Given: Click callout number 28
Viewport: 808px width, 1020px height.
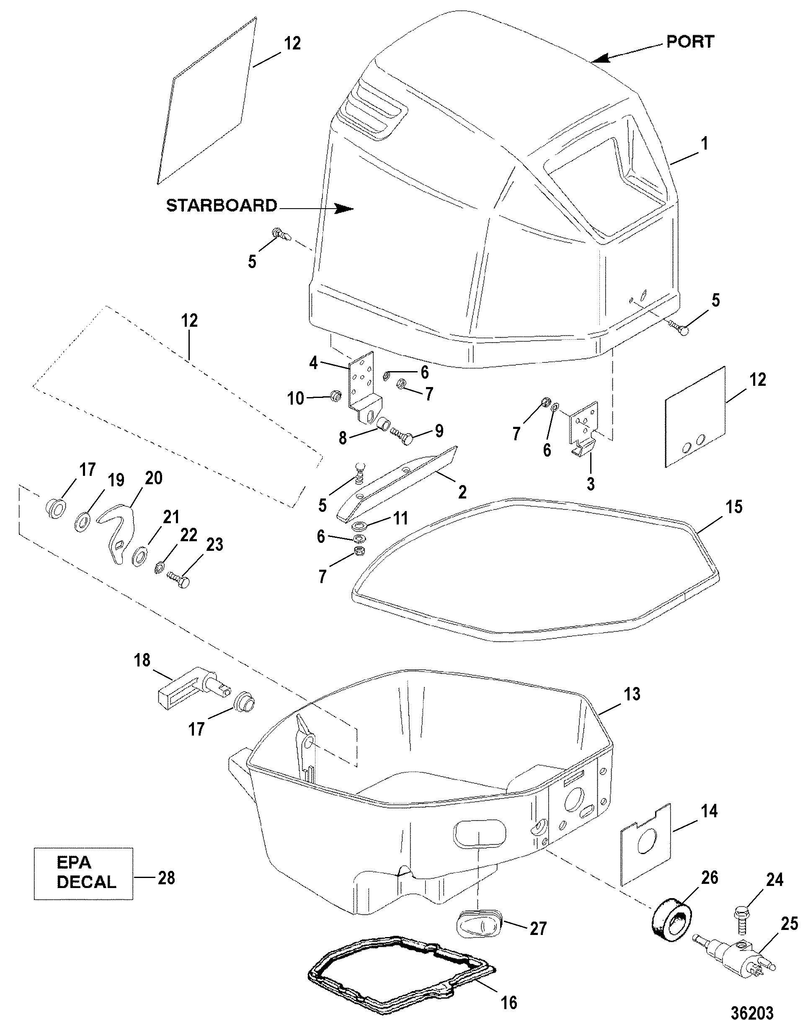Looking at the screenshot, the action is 166,878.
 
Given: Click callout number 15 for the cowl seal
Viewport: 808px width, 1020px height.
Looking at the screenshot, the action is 733,507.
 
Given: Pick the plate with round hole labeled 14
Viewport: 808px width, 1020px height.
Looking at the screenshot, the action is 645,844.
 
